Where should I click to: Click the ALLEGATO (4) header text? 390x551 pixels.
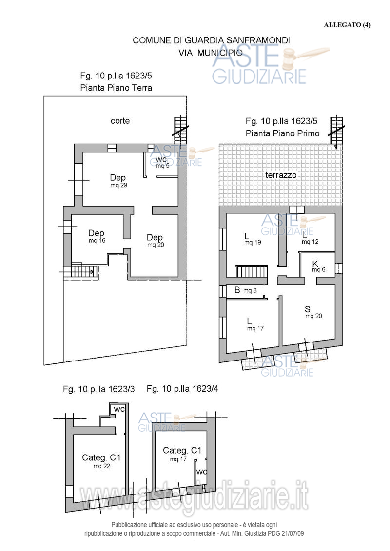[347, 24]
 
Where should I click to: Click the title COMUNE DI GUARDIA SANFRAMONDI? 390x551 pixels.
[211, 40]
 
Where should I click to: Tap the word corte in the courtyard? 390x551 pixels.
[120, 121]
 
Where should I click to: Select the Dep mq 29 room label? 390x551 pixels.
[118, 181]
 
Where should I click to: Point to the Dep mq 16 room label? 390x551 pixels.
[97, 236]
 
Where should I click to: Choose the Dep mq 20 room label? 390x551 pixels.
[155, 240]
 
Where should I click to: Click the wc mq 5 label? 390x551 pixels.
[162, 162]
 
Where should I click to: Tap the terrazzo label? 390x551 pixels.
[281, 175]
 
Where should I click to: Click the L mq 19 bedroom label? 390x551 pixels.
[253, 239]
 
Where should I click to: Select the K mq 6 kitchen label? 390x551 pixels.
[318, 266]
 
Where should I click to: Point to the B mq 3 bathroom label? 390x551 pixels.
[246, 290]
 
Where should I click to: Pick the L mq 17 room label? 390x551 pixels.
[255, 324]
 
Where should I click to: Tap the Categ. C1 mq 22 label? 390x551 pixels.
[101, 461]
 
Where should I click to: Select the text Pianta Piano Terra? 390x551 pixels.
[116, 88]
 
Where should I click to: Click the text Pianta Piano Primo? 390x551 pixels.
[282, 133]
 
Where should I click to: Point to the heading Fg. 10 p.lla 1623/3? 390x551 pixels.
[99, 389]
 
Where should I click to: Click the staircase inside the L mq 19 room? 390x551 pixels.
[252, 271]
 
